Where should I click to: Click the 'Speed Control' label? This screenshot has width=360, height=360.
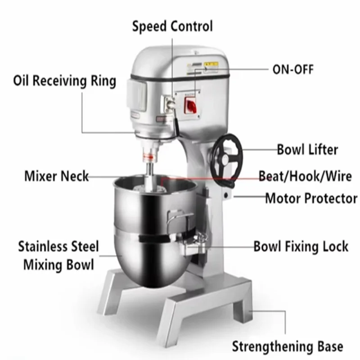[172, 27]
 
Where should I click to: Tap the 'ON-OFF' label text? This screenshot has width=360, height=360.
[292, 69]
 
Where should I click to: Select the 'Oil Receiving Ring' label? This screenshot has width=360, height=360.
[64, 81]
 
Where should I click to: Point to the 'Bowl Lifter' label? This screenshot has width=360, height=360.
[307, 149]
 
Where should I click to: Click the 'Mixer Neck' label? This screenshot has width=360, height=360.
[56, 176]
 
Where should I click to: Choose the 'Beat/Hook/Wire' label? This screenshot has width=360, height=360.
[306, 176]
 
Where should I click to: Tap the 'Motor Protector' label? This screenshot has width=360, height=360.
[311, 198]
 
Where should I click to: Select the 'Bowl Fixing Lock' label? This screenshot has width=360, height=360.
[301, 247]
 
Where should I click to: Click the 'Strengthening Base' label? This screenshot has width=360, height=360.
[287, 346]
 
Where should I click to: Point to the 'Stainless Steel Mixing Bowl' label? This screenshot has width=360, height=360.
[58, 256]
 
